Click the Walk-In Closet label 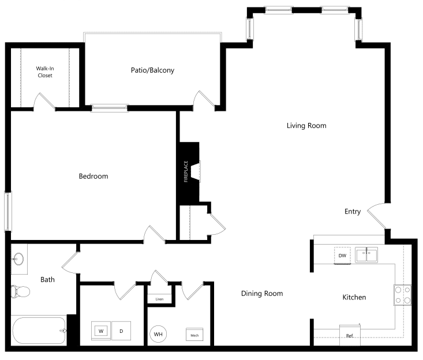pos(45,72)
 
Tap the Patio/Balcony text pos(152,70)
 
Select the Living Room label pos(306,126)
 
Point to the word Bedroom pos(93,177)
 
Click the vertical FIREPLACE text pos(186,171)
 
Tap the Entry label pos(353,212)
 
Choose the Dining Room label pos(262,294)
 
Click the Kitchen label pos(354,297)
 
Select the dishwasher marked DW pos(342,256)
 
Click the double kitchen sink pos(366,255)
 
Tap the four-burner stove pos(402,295)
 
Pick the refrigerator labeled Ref pos(350,335)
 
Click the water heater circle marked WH pos(158,334)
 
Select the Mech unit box pos(194,335)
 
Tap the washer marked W pos(101,331)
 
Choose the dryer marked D pos(121,331)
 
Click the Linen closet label pos(159,299)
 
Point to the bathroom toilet pos(20,291)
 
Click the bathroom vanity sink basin pos(18,259)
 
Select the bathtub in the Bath pos(39,331)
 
